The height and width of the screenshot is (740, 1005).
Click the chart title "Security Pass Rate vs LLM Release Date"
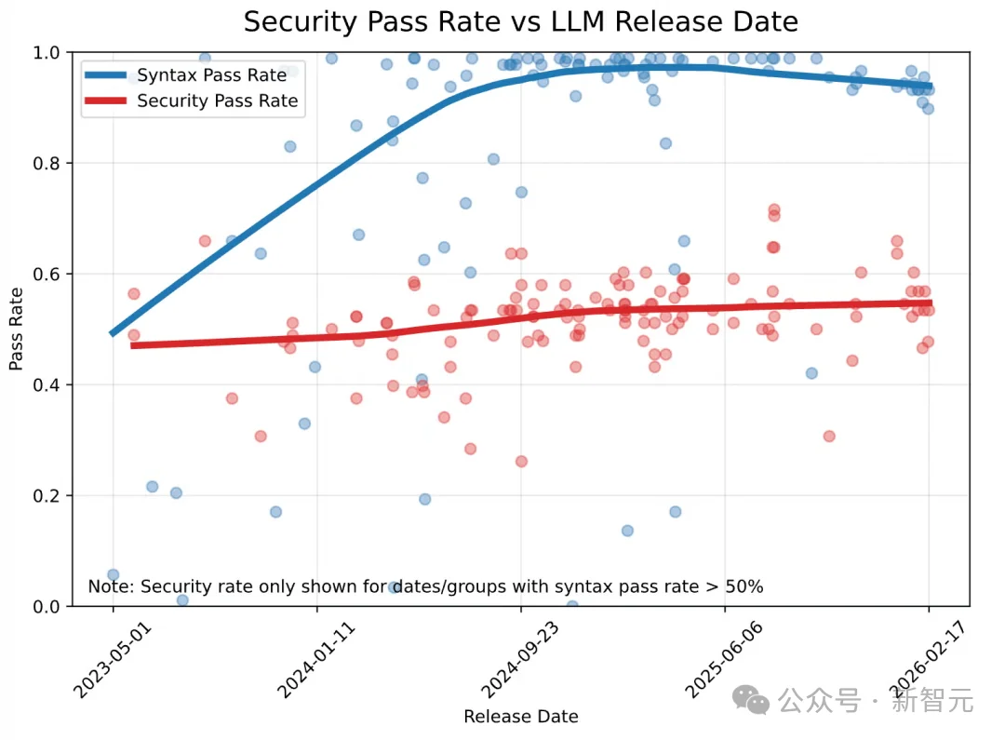pos(520,21)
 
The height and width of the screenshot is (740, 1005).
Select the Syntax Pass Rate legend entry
pos(186,75)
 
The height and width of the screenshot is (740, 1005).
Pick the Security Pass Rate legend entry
pos(192,101)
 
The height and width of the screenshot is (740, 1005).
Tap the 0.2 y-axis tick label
pos(47,496)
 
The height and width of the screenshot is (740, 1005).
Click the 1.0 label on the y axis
pos(47,52)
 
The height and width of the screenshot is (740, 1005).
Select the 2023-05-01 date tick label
pos(112,660)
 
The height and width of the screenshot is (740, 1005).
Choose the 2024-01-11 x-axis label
pos(315,660)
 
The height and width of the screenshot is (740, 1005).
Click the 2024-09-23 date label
pos(519,660)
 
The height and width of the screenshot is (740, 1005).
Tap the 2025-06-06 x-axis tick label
pos(723,660)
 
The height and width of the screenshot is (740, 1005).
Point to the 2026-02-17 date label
pos(927,660)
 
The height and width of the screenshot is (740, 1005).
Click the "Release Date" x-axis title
pos(521,717)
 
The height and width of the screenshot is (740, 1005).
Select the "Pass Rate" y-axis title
pos(16,329)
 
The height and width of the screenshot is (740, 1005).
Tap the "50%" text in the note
pos(744,586)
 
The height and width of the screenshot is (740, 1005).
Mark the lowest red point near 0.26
pos(521,462)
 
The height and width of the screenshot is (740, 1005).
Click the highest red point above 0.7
pos(773,209)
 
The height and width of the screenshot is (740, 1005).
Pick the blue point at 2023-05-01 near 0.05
pos(113,574)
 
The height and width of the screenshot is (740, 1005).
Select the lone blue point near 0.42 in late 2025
pos(811,373)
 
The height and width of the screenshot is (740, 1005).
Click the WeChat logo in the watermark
pos(751,700)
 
